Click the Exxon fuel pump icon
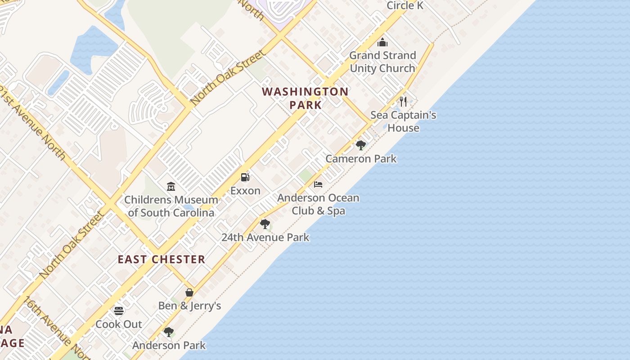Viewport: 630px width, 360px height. point(245,177)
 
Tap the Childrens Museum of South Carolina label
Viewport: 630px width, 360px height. point(171,206)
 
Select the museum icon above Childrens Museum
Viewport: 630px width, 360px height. point(171,186)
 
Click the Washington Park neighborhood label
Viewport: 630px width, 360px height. point(306,98)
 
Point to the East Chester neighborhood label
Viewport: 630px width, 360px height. point(162,259)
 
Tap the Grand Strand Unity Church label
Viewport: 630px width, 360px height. point(382,62)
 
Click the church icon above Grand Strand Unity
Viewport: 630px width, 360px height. point(382,42)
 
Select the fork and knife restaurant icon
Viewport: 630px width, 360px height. point(403,102)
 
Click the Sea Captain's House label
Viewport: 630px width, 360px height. point(403,121)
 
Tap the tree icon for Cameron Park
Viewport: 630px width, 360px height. point(360,145)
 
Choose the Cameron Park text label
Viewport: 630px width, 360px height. point(361,158)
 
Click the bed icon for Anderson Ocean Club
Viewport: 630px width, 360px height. point(318,184)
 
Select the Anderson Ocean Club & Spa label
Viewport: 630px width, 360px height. point(318,204)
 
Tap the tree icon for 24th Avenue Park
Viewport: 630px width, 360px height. point(265,224)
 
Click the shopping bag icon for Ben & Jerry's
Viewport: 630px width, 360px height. point(189,292)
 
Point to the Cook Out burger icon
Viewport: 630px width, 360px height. point(119,311)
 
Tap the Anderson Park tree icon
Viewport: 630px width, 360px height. point(169,333)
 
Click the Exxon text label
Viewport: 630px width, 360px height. point(245,190)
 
